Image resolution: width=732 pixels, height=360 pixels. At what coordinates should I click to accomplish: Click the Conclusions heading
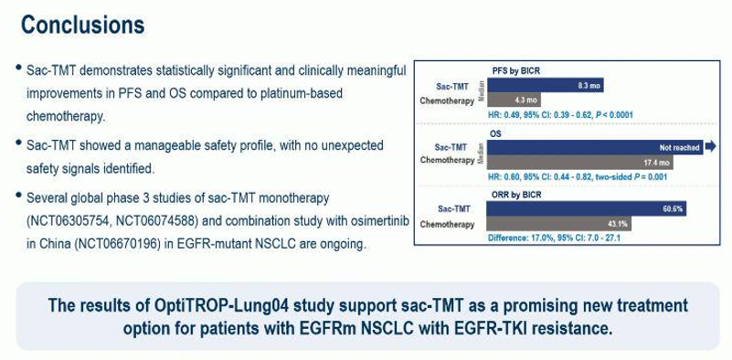(x=82, y=25)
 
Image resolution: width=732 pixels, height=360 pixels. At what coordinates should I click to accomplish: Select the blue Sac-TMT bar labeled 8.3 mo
(x=546, y=86)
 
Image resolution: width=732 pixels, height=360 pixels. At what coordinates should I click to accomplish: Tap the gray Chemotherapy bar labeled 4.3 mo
(x=515, y=100)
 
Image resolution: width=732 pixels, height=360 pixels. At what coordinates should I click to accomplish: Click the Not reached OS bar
(x=595, y=147)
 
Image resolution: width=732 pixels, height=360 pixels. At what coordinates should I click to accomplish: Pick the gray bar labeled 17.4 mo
(x=580, y=162)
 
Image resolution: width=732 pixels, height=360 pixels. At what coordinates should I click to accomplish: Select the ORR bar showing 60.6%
(x=587, y=208)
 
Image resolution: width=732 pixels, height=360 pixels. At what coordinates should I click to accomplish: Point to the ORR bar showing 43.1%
(x=559, y=224)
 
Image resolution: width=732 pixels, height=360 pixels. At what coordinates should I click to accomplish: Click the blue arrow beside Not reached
(x=710, y=147)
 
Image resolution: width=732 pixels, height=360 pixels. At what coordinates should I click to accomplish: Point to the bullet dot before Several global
(x=18, y=195)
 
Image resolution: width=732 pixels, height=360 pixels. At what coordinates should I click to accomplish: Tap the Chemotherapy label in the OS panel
(x=447, y=160)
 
